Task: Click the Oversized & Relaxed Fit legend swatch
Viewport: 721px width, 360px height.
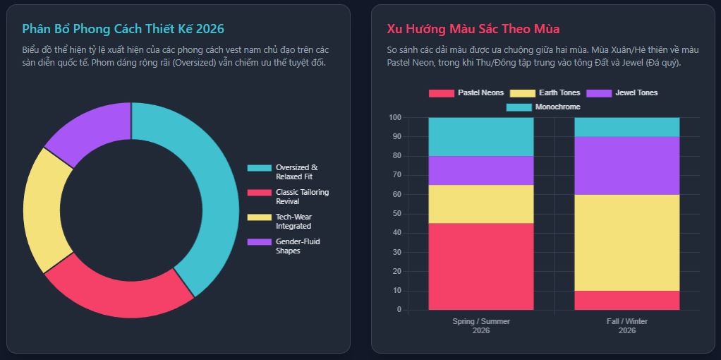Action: pos(259,168)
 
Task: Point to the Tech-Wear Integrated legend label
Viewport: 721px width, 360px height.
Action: pos(293,222)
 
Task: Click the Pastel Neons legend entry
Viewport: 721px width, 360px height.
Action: pos(467,93)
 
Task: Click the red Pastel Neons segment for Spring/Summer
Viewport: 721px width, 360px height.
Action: pos(481,266)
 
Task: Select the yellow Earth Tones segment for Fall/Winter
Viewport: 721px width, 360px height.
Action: pos(626,242)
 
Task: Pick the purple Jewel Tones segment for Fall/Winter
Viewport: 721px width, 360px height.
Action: pos(626,165)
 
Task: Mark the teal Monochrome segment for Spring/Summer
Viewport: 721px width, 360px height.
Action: pos(481,136)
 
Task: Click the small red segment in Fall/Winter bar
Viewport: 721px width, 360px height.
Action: pos(626,300)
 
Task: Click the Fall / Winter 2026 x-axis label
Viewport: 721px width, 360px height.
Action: pos(626,325)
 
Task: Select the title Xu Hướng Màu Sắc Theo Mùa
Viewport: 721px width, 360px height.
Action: pos(473,29)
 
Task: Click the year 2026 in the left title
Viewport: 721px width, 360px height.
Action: pos(210,29)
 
